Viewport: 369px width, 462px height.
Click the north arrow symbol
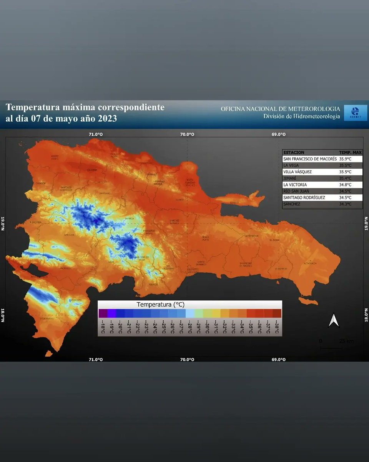[334, 320]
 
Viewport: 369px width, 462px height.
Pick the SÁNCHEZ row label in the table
[292, 204]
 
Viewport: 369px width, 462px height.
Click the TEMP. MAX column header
[350, 152]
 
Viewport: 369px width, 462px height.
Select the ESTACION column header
[294, 152]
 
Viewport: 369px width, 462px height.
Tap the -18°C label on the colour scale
[103, 327]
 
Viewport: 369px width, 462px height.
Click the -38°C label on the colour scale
[277, 327]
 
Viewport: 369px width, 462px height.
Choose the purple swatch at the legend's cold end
[103, 313]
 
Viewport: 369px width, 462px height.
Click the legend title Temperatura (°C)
[160, 305]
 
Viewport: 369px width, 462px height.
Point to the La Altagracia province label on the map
[310, 263]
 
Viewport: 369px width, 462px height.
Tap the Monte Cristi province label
[55, 158]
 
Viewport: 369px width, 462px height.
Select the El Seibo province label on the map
[274, 240]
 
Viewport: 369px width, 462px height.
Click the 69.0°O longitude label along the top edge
[278, 134]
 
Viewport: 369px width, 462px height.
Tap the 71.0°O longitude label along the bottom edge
[96, 360]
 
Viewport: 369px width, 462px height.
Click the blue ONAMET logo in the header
[352, 113]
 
